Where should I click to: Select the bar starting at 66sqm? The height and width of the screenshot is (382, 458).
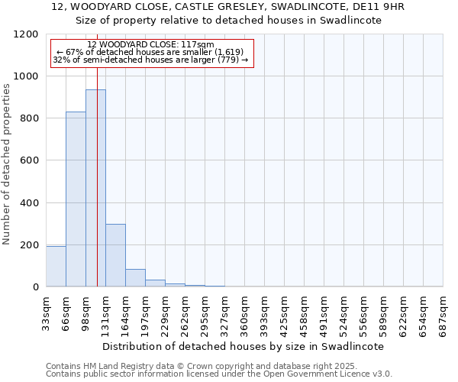click(x=76, y=199)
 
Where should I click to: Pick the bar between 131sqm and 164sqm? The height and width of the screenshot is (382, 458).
click(x=115, y=255)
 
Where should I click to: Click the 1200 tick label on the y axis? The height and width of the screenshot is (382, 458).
click(x=27, y=34)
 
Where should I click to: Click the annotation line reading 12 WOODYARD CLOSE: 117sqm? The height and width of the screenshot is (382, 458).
click(x=150, y=44)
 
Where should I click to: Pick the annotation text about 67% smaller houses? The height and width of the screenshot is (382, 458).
click(x=150, y=52)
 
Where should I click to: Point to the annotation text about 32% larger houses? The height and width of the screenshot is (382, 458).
click(x=150, y=60)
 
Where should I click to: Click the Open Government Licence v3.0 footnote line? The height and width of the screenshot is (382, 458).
click(x=219, y=374)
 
